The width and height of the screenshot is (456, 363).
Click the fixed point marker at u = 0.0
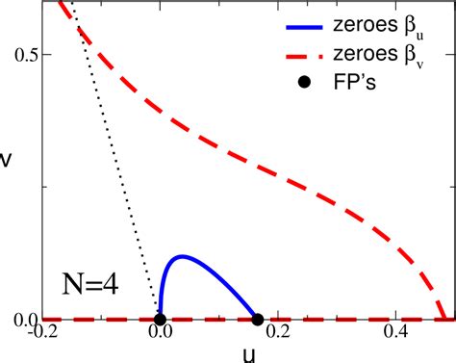160,320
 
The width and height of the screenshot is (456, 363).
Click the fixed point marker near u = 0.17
258,320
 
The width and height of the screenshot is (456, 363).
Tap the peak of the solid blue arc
180,256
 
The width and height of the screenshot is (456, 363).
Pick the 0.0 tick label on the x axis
160,334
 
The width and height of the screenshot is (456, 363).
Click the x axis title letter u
247,353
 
